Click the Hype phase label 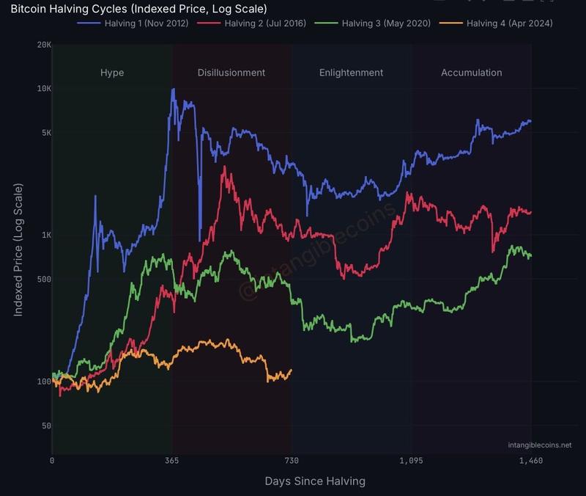coord(112,73)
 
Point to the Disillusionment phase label coord(231,73)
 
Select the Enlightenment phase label coord(351,73)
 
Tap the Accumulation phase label coord(471,73)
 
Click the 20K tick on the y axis coord(44,45)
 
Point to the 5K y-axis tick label coord(45,133)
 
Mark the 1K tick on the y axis coord(45,236)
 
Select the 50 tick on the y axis coord(45,426)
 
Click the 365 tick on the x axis coord(172,461)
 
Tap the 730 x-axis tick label coord(292,461)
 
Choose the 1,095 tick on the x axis coord(412,461)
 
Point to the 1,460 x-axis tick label coord(531,461)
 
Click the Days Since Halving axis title coord(314,481)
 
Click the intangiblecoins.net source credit coord(539,445)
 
